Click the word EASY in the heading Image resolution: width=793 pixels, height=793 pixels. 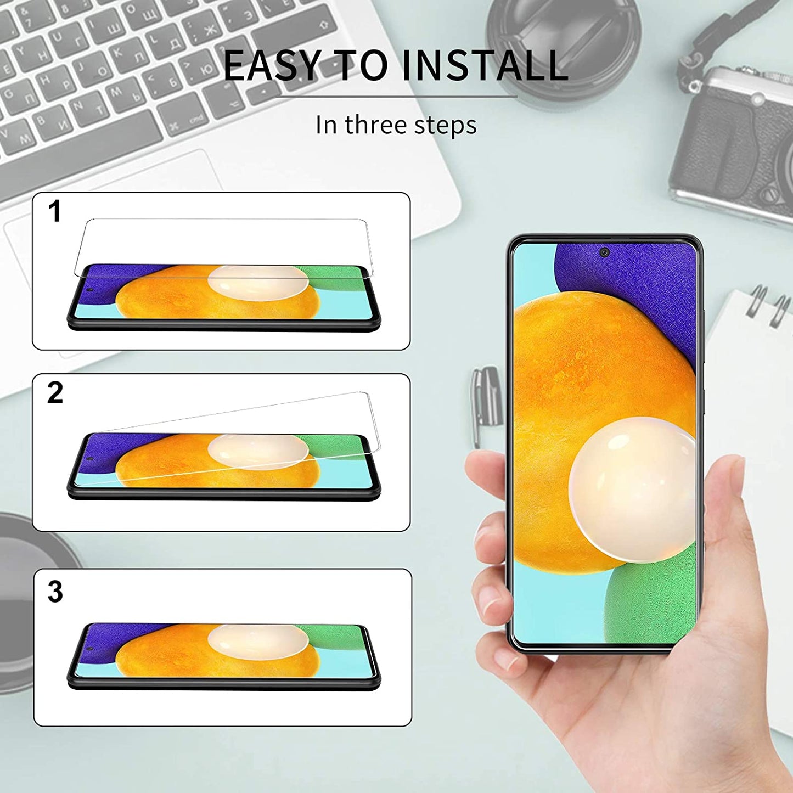[271, 66]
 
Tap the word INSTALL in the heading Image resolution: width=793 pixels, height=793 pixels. [485, 66]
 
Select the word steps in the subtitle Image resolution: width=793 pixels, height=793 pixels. [445, 126]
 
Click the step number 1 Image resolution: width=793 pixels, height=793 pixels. [54, 211]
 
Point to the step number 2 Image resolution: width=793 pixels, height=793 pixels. [55, 393]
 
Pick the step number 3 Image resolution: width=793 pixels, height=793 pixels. [55, 592]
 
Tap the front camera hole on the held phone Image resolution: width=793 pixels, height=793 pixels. [604, 252]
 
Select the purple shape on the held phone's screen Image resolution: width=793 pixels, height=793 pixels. [631, 280]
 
